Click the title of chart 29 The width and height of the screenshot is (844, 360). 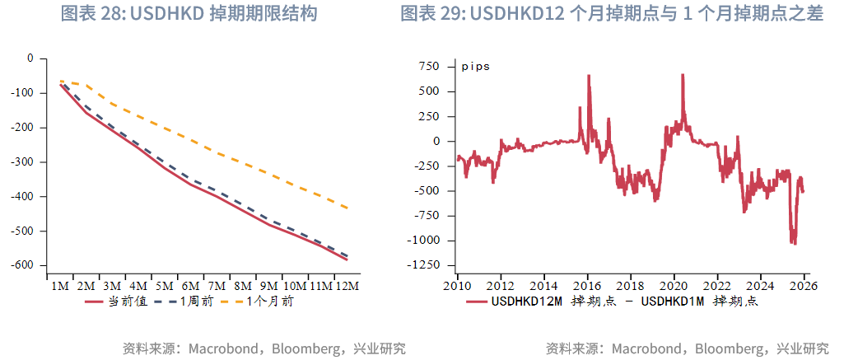click(612, 14)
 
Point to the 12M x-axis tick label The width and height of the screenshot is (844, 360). click(347, 286)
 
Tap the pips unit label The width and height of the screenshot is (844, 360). click(475, 66)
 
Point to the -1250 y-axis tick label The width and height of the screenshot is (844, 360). click(425, 265)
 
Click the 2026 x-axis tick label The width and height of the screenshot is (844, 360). click(804, 286)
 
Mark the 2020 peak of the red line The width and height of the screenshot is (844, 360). click(683, 75)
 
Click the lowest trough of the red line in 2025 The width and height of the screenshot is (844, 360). click(794, 244)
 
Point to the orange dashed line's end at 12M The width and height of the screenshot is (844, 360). click(347, 208)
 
